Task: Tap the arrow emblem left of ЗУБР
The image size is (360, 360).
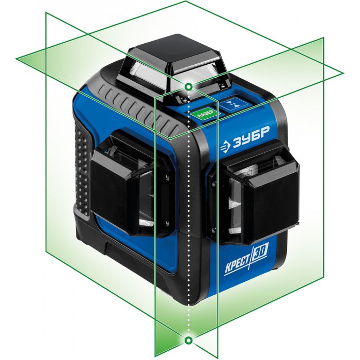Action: tap(226, 147)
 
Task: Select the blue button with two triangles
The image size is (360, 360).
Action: tap(233, 105)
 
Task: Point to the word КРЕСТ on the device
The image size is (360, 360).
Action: tap(237, 265)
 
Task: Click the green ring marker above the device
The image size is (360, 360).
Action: tap(189, 87)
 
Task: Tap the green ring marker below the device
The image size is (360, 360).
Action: tap(189, 340)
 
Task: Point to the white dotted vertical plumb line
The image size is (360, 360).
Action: tap(189, 213)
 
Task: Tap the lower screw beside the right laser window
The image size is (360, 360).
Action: tap(214, 229)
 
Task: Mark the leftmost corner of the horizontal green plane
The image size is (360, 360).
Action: tap(16, 59)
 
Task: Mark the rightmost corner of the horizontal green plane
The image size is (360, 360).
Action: tap(344, 73)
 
